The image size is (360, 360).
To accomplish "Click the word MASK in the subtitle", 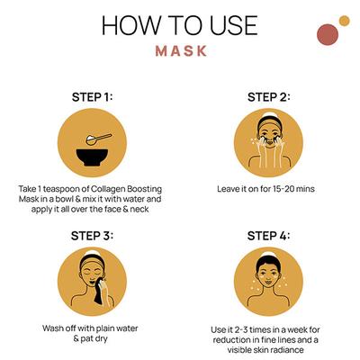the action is [181, 51].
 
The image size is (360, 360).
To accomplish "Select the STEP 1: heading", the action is [92, 97].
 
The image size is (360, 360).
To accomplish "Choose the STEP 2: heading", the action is [269, 97].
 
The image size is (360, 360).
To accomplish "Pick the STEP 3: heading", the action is [92, 236].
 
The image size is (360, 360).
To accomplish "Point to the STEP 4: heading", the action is [269, 236].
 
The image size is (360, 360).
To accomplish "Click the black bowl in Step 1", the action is [92, 157].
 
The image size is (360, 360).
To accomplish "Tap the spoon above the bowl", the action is [98, 139].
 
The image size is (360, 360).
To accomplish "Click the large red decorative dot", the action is [328, 35].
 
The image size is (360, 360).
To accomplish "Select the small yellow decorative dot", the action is [345, 21].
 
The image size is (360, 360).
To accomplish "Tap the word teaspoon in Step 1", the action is [63, 190].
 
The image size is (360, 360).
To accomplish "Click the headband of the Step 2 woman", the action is [270, 122].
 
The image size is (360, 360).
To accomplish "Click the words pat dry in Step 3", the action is [94, 339].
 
